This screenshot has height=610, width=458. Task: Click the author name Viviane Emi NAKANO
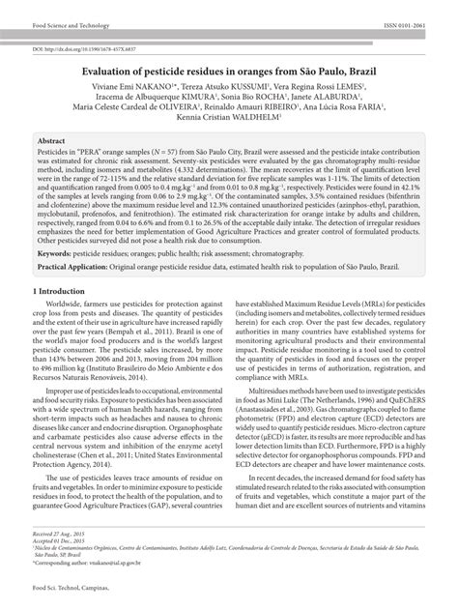[x=130, y=85]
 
